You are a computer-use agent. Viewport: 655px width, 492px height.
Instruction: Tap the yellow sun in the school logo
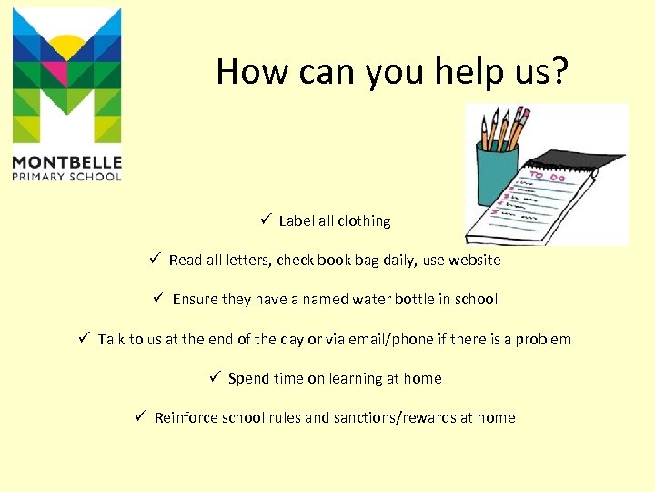pos(66,46)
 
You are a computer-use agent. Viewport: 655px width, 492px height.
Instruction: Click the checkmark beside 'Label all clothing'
pos(265,220)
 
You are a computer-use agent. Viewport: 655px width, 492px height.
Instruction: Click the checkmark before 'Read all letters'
pos(156,259)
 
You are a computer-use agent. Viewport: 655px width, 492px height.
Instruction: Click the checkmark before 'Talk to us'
pos(84,338)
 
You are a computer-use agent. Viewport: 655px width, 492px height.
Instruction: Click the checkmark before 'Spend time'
pos(215,377)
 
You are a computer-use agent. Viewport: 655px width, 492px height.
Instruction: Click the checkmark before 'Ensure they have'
pos(158,298)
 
